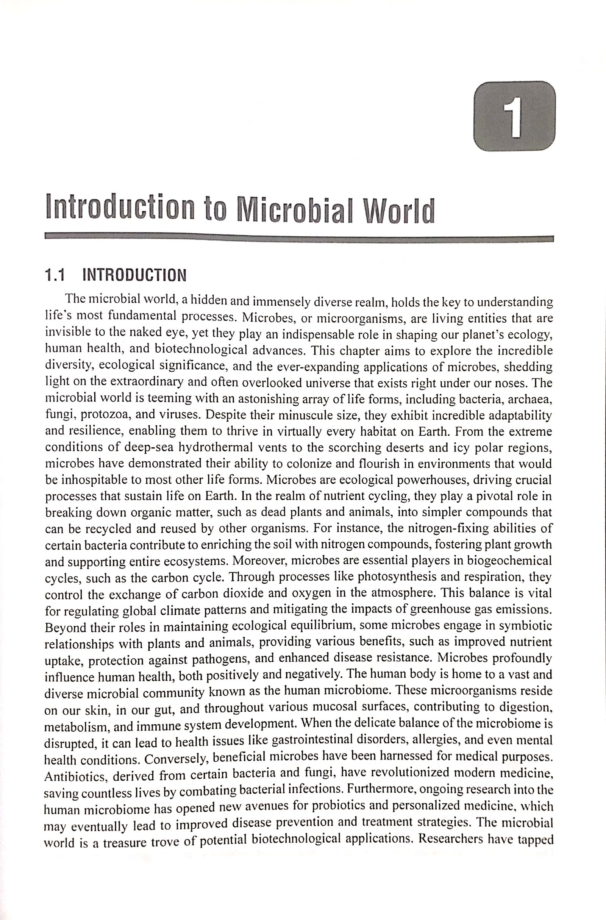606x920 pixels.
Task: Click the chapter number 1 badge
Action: [514, 116]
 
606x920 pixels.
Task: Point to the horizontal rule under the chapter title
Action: [299, 237]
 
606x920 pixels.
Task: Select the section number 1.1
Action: [55, 276]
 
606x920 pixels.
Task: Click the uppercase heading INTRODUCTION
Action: [134, 276]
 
